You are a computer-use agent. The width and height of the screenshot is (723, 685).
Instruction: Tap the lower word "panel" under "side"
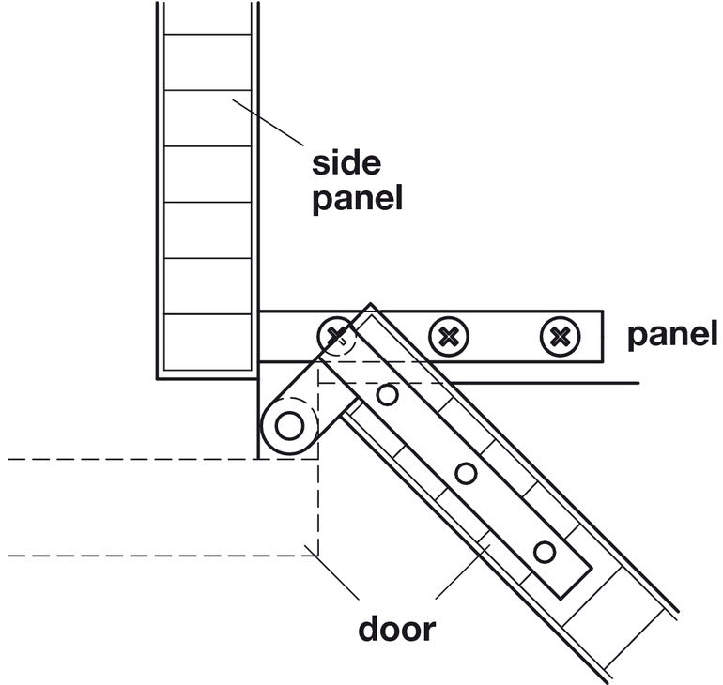[x=357, y=198]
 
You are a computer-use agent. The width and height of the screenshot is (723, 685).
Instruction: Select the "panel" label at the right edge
[x=671, y=335]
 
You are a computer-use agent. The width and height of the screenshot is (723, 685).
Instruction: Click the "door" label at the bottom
[x=396, y=627]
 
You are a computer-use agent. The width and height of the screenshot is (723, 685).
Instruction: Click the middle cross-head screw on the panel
[x=448, y=335]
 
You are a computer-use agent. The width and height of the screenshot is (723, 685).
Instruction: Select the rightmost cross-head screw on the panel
[x=561, y=335]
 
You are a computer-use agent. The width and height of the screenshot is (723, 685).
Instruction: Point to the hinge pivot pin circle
[x=289, y=426]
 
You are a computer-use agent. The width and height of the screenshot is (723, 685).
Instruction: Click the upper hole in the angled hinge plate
[x=387, y=395]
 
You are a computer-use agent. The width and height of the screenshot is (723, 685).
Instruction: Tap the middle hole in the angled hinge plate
[x=466, y=474]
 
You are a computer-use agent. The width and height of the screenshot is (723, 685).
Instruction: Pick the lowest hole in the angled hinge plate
[x=544, y=552]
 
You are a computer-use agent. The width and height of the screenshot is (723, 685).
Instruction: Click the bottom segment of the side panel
[x=208, y=342]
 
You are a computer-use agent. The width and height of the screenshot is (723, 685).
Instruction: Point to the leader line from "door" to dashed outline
[x=333, y=574]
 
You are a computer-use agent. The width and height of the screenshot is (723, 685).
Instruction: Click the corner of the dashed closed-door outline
[x=318, y=556]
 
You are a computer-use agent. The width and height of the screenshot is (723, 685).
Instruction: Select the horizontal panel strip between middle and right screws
[x=504, y=335]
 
